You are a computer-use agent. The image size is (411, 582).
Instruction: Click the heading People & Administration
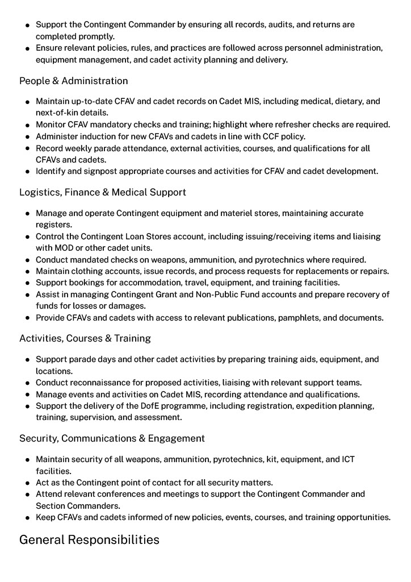point(73,81)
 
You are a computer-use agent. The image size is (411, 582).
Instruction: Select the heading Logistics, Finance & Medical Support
point(102,192)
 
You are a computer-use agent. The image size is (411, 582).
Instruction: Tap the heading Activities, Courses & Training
point(85,338)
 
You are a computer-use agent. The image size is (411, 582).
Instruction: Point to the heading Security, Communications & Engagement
point(112,438)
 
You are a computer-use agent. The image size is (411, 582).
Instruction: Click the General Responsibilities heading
point(89,539)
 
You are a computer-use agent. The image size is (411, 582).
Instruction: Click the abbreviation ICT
point(347,459)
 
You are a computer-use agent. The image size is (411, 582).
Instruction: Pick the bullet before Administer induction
point(27,137)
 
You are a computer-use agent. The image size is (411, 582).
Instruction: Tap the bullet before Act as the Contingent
point(27,483)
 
